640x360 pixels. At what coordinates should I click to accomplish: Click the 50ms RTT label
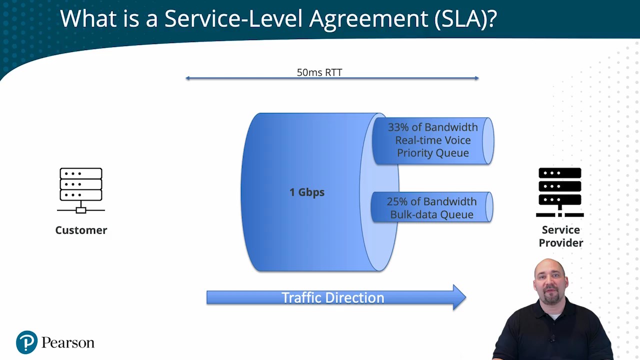319,72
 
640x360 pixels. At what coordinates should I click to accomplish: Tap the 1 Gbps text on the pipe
307,192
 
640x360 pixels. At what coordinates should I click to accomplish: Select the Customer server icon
81,190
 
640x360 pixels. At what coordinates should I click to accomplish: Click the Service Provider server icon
560,192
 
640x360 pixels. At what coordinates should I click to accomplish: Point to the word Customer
81,230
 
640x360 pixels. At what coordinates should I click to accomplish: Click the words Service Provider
560,236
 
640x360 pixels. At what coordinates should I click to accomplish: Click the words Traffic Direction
332,297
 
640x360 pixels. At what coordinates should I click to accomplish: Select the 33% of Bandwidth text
432,127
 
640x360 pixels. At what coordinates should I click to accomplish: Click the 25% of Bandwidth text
431,201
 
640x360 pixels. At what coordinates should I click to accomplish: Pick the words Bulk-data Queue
431,214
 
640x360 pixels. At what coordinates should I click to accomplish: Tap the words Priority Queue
432,153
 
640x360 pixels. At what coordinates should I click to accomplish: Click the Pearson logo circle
26,342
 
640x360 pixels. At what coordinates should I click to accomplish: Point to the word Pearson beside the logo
67,343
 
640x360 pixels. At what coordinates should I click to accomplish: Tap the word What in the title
86,19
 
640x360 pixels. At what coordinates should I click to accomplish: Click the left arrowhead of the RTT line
187,78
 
